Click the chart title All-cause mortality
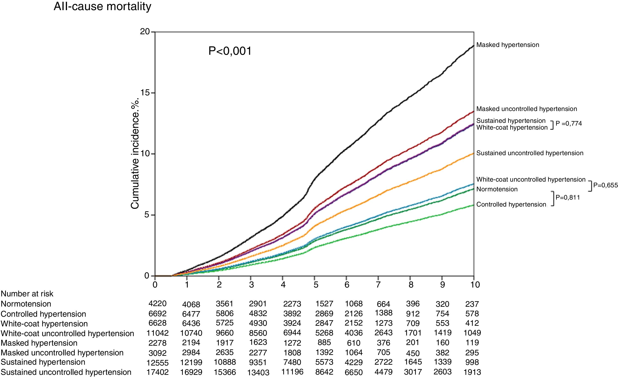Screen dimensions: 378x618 (x=102, y=7)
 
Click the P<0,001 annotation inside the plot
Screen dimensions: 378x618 (x=230, y=51)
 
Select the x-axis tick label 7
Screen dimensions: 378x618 (x=378, y=285)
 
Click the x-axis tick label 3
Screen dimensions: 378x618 (x=251, y=285)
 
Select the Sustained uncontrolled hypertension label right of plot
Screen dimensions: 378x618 (x=530, y=153)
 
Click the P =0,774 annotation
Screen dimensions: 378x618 (x=569, y=123)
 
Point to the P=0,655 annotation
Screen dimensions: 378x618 (x=605, y=185)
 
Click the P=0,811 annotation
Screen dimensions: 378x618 (x=568, y=197)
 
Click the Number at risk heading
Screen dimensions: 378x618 (x=27, y=294)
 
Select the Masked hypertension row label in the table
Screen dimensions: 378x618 (x=39, y=343)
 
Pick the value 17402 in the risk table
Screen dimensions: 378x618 (x=157, y=372)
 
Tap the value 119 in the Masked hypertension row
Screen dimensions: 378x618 (x=472, y=343)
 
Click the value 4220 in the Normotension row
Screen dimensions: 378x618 (x=157, y=304)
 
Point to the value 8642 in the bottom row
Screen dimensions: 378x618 (x=324, y=372)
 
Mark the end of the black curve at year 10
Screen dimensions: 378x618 (x=473, y=45)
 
